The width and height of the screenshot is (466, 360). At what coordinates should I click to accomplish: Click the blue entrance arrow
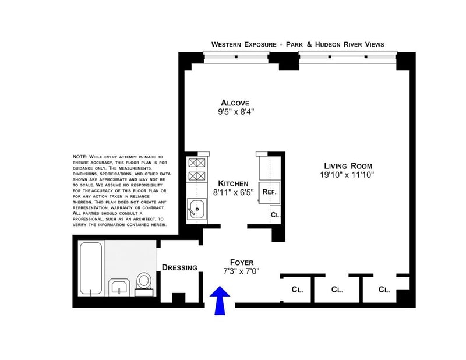220,299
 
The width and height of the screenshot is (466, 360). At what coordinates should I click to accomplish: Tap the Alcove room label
235,103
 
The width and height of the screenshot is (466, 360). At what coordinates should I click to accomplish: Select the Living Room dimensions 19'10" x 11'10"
347,175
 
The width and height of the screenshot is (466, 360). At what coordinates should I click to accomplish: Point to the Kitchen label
233,183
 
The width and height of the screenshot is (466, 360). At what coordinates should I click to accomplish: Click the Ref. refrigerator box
269,192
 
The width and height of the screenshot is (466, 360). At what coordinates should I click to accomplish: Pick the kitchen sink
196,209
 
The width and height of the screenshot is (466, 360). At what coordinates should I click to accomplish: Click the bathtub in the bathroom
91,269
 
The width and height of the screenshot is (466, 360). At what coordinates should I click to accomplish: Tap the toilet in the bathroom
144,284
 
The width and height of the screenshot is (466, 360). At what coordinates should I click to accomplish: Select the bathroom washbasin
119,287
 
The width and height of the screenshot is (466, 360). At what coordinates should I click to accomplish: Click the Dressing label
179,267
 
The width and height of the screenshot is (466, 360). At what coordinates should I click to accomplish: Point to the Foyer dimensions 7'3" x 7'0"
241,271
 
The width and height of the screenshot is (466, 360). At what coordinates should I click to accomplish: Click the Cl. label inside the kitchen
276,214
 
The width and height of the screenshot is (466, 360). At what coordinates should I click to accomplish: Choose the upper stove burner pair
197,163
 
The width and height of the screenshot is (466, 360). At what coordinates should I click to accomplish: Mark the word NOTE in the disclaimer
80,157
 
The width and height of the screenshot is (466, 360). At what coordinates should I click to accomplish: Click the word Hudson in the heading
328,45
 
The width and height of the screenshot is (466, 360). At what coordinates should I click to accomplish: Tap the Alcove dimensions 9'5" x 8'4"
236,112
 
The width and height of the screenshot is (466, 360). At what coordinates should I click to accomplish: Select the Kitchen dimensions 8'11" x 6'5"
234,193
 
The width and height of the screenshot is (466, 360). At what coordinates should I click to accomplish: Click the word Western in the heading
227,45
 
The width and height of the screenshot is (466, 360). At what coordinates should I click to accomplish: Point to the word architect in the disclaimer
150,219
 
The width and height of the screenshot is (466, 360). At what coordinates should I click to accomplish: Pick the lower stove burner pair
197,176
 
